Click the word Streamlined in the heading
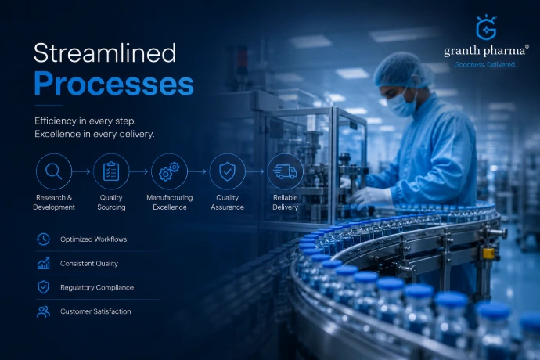(x=105, y=52)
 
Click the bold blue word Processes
(x=113, y=84)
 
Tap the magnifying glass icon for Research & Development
(x=54, y=171)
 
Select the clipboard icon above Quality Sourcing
(x=111, y=171)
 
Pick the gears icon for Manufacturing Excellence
(x=169, y=171)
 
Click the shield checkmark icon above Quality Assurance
(x=227, y=171)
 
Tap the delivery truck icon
(x=285, y=171)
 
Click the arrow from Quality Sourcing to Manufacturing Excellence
(x=139, y=171)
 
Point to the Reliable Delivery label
(x=285, y=202)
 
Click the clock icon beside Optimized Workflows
(x=43, y=239)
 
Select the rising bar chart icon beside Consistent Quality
(x=43, y=263)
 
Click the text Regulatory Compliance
(x=97, y=287)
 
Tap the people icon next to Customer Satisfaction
(x=43, y=311)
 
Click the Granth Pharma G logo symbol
(x=486, y=27)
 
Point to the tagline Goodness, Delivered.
(x=485, y=64)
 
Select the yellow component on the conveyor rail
(x=488, y=254)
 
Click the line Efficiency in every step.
(x=85, y=121)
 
